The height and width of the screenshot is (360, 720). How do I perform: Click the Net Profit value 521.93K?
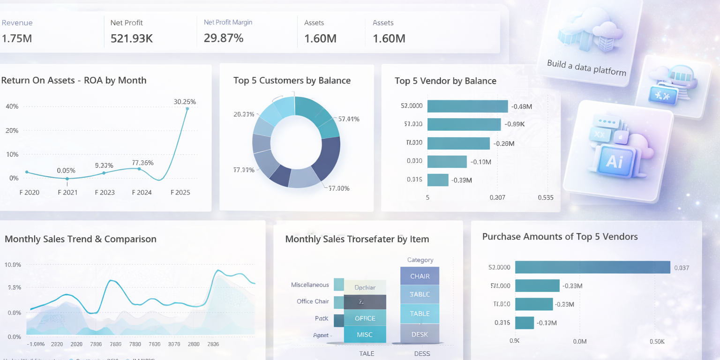point(132,38)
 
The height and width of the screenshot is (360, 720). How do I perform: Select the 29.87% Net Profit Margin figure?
point(224,38)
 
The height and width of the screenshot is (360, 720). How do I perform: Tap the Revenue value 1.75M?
point(16,38)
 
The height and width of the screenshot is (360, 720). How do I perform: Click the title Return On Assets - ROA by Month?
point(74,80)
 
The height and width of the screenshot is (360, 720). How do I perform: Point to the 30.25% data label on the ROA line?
point(185,102)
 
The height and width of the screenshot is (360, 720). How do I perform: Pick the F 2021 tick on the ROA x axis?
point(67,192)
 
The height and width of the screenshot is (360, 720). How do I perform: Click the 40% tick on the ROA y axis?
point(12,106)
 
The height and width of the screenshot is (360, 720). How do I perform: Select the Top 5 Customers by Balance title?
point(292,81)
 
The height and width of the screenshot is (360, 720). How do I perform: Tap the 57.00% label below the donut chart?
point(339,188)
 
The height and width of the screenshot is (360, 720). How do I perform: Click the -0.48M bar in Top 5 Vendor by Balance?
point(467,106)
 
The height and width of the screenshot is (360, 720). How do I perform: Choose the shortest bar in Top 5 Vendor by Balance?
point(438,180)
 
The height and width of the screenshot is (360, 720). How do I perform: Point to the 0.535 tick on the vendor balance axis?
point(546,197)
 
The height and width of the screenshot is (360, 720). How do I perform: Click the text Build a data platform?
point(586,67)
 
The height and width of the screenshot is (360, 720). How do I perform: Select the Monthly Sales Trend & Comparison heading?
point(81,239)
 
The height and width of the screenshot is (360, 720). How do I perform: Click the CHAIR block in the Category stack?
point(420,276)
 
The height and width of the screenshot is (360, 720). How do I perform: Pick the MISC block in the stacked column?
point(365,335)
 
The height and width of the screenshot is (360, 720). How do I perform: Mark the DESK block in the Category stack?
point(420,334)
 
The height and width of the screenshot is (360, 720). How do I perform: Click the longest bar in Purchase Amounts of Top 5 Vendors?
point(592,267)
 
